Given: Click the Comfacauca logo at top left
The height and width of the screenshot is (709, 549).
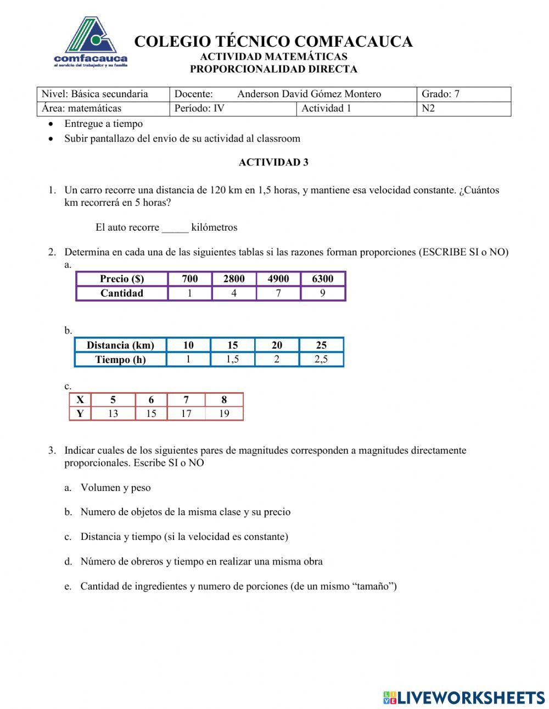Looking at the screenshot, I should pos(91,43).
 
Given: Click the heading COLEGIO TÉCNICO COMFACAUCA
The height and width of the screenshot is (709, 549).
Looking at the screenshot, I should pos(273,42).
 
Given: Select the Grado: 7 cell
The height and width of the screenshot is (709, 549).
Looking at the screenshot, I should pos(463,94).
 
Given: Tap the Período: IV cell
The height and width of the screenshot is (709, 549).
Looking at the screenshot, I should pos(233,108).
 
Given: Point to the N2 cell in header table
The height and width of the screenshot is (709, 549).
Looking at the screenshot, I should pos(463,108).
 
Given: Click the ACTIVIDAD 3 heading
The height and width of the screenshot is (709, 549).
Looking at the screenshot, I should pos(273,162).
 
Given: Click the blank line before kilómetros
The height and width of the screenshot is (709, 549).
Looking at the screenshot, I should pos(175,227).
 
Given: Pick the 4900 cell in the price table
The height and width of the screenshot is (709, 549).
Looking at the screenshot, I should pos(278,279).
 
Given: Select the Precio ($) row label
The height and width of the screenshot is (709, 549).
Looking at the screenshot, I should pos(122,279).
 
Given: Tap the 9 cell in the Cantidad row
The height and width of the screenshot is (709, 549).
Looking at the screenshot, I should pos(323,293).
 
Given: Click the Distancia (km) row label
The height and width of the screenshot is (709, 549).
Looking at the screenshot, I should pos(120,345).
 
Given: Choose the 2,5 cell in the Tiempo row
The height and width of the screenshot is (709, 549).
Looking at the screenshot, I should pos(321,360).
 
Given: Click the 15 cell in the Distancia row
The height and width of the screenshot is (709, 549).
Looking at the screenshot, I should pos(233,345).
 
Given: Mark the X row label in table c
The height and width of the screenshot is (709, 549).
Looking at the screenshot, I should pos(80,400).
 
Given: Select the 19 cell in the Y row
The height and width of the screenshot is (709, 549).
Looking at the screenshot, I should pos(224,414).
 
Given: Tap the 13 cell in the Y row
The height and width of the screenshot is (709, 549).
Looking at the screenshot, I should pos(113,414).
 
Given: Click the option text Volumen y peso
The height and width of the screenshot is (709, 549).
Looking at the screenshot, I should pos(115,488).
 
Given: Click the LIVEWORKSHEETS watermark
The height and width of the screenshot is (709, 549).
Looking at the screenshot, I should pos(464,697).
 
